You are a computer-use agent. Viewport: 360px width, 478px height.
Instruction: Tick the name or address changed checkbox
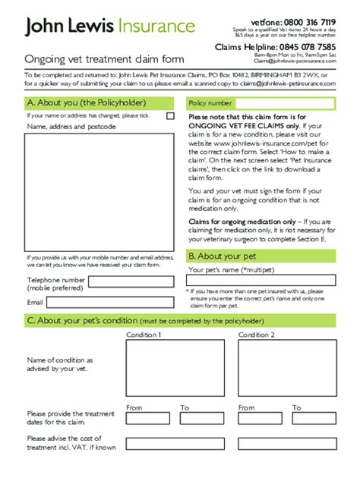coord(170,116)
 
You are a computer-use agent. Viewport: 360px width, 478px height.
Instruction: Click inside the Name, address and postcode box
coord(99,190)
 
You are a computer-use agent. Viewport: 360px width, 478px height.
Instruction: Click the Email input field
coord(112,301)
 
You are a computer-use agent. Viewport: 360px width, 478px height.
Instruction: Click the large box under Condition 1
coord(175,367)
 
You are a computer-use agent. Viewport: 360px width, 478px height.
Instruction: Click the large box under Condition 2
coord(286,367)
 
